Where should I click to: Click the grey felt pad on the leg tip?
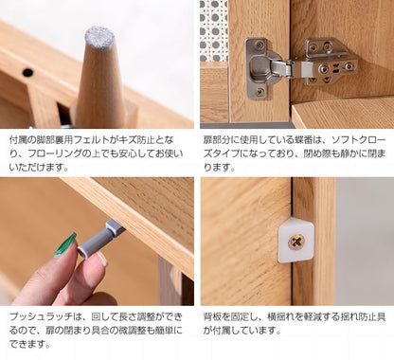(x=99, y=38)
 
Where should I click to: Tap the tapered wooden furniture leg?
(x=100, y=85)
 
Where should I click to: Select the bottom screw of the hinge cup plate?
(x=258, y=92)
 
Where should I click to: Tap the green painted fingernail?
(x=64, y=244)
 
